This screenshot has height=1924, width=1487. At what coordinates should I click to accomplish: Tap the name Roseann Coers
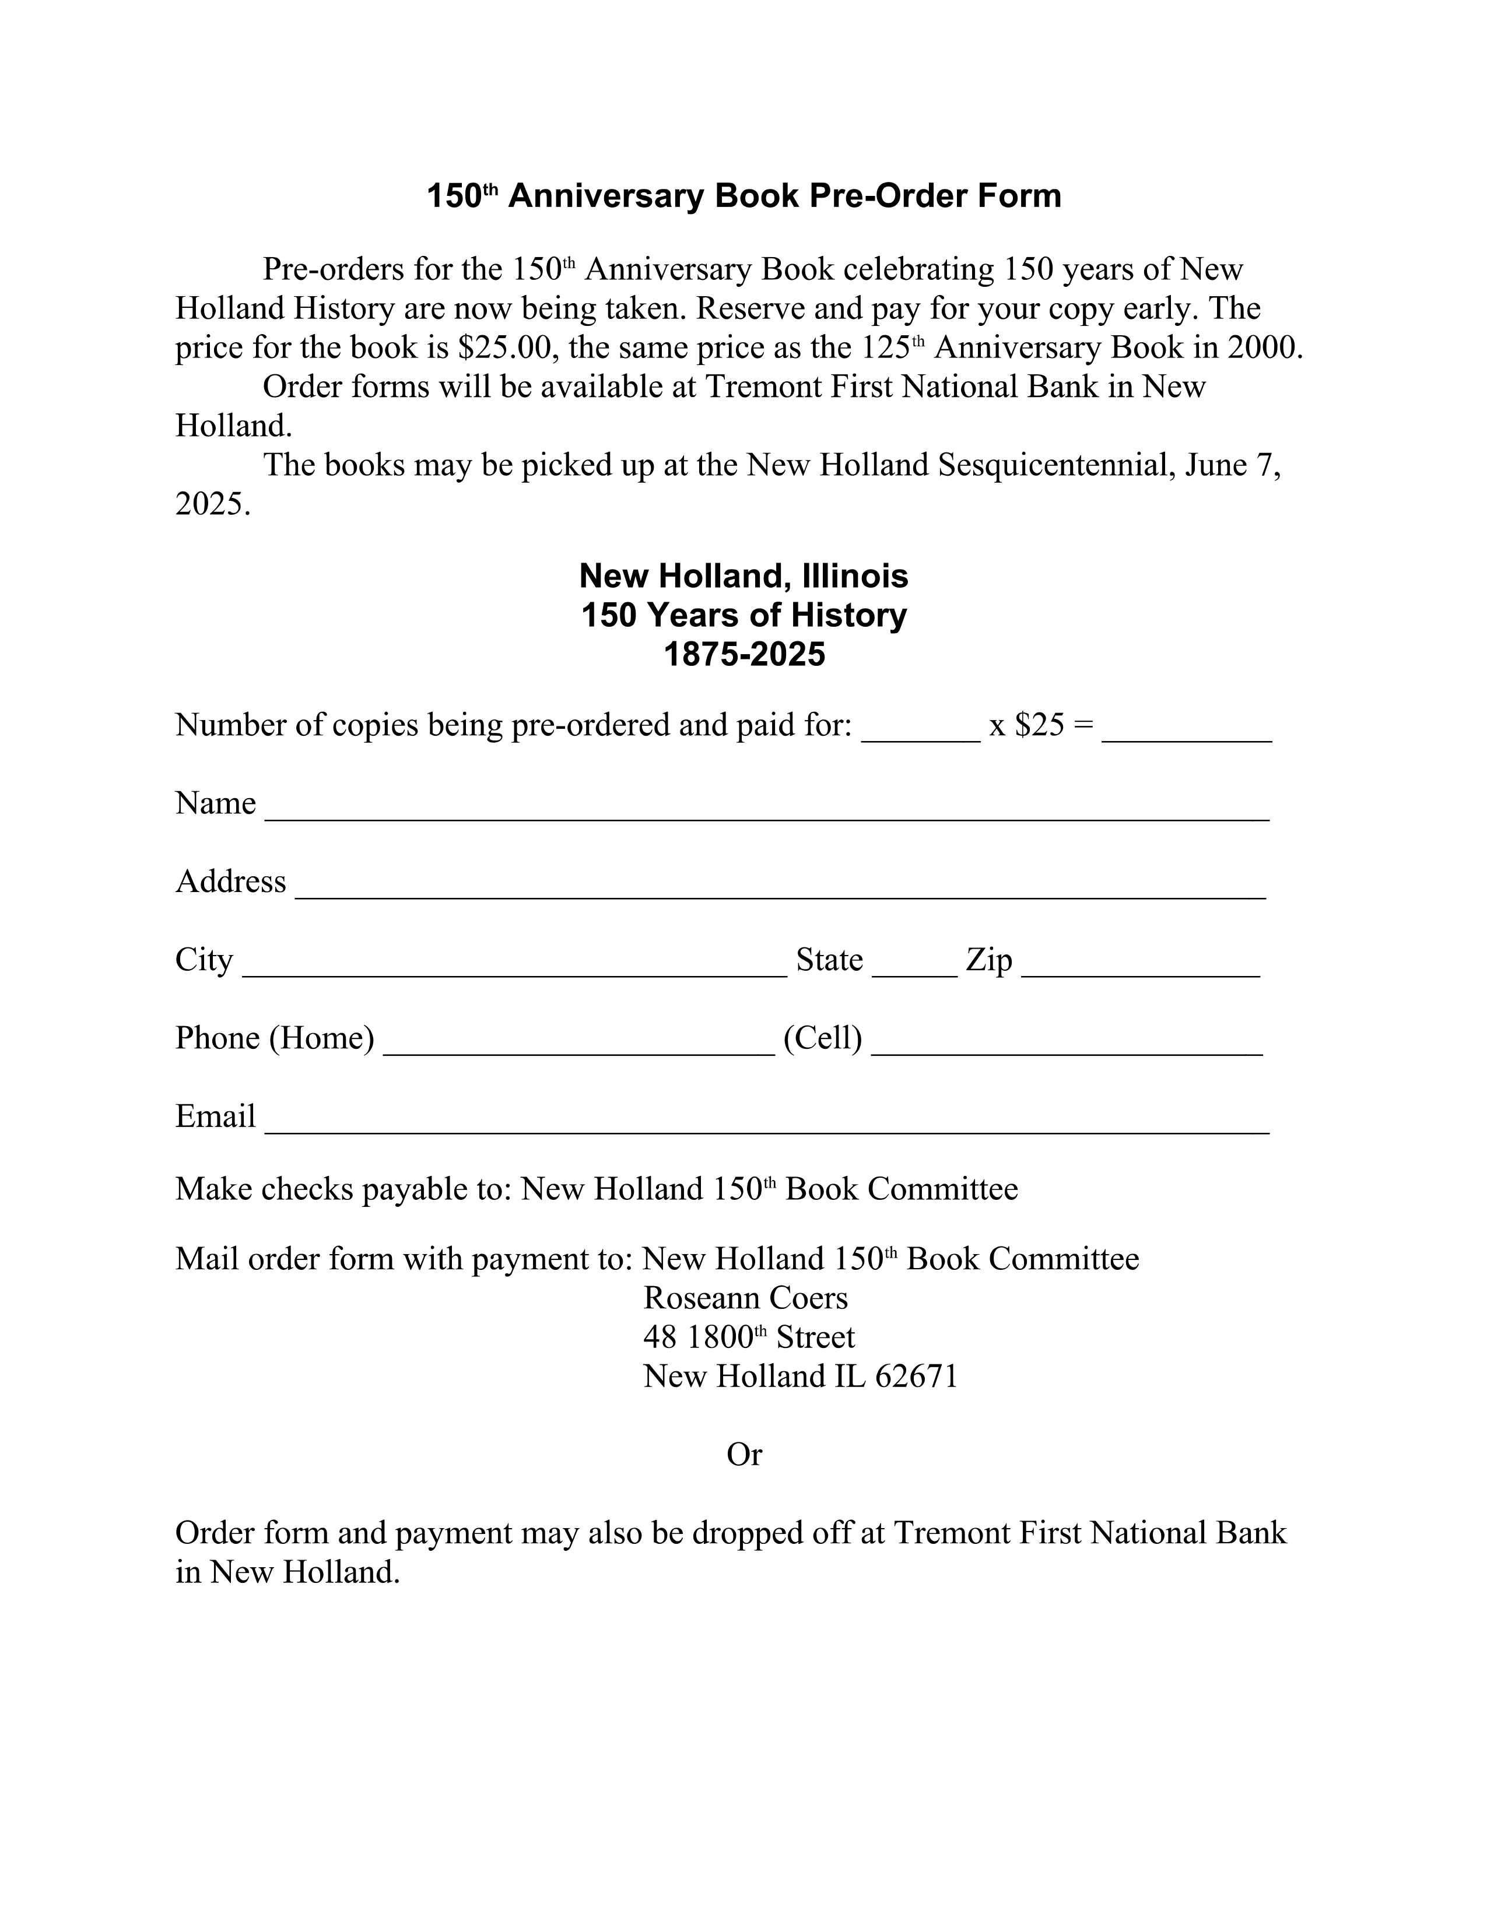tap(745, 1298)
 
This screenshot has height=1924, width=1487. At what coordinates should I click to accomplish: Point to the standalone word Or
tap(743, 1455)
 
